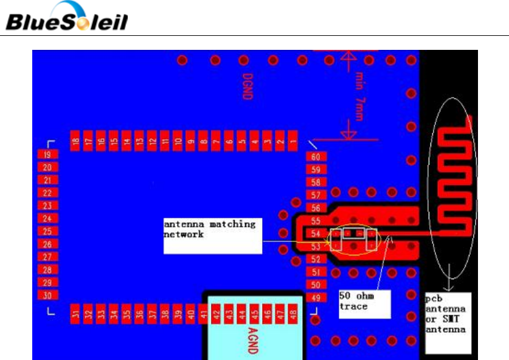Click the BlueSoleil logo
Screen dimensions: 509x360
(x=67, y=18)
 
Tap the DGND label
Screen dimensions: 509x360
(x=247, y=87)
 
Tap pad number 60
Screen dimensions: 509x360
(x=315, y=156)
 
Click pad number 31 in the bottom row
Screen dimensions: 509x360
(x=75, y=314)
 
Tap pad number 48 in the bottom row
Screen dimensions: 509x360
(x=294, y=314)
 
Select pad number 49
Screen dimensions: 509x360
(x=315, y=297)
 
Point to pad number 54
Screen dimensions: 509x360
(x=315, y=234)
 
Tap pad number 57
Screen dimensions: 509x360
(x=315, y=195)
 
